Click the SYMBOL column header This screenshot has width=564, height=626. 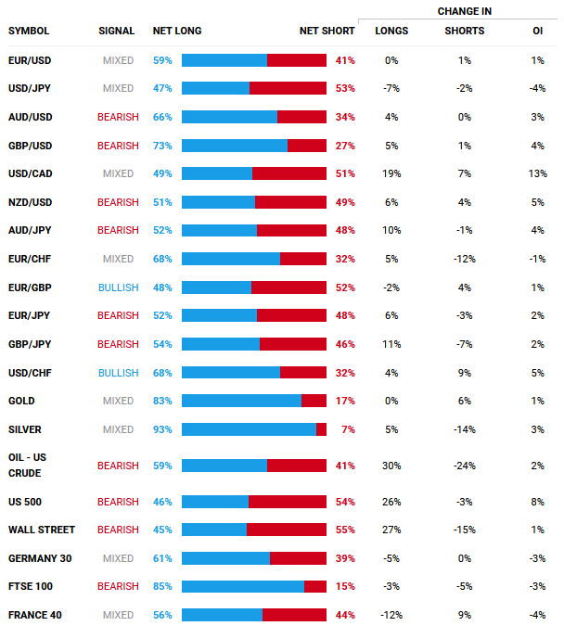(x=29, y=32)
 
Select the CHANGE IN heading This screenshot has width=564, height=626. (x=465, y=11)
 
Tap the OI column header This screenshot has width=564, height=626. (x=537, y=32)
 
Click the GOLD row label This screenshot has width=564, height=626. (x=21, y=401)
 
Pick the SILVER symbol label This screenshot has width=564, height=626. (x=24, y=429)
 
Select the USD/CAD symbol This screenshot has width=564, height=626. (x=29, y=173)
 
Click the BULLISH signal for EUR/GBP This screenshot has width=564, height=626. (x=118, y=287)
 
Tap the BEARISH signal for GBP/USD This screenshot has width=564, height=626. (x=118, y=146)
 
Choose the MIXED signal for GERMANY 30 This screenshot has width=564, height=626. (x=118, y=558)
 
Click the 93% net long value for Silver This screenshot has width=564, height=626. (x=162, y=429)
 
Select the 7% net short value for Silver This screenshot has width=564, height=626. (x=348, y=429)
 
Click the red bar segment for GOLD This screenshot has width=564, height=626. (x=314, y=401)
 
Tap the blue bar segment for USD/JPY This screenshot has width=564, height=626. (x=215, y=88)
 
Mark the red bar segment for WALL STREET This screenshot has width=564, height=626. (x=287, y=530)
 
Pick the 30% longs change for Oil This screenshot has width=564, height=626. (x=391, y=466)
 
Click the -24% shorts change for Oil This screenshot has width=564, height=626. (x=464, y=466)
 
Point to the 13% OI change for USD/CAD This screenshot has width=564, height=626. (x=537, y=173)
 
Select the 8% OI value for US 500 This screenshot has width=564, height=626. (x=537, y=502)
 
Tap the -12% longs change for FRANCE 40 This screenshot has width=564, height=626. (x=391, y=615)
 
